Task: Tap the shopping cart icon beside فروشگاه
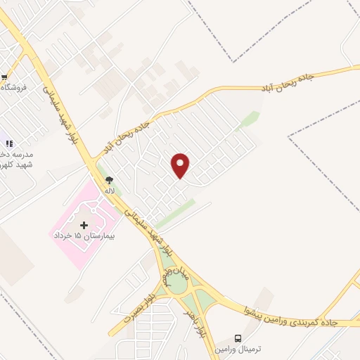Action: click(x=4, y=77)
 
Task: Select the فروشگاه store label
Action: click(x=14, y=88)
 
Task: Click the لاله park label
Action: click(x=110, y=190)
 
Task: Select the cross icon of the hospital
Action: click(x=84, y=225)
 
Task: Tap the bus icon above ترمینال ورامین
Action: click(x=238, y=338)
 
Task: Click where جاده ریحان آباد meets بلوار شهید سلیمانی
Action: click(x=91, y=161)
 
